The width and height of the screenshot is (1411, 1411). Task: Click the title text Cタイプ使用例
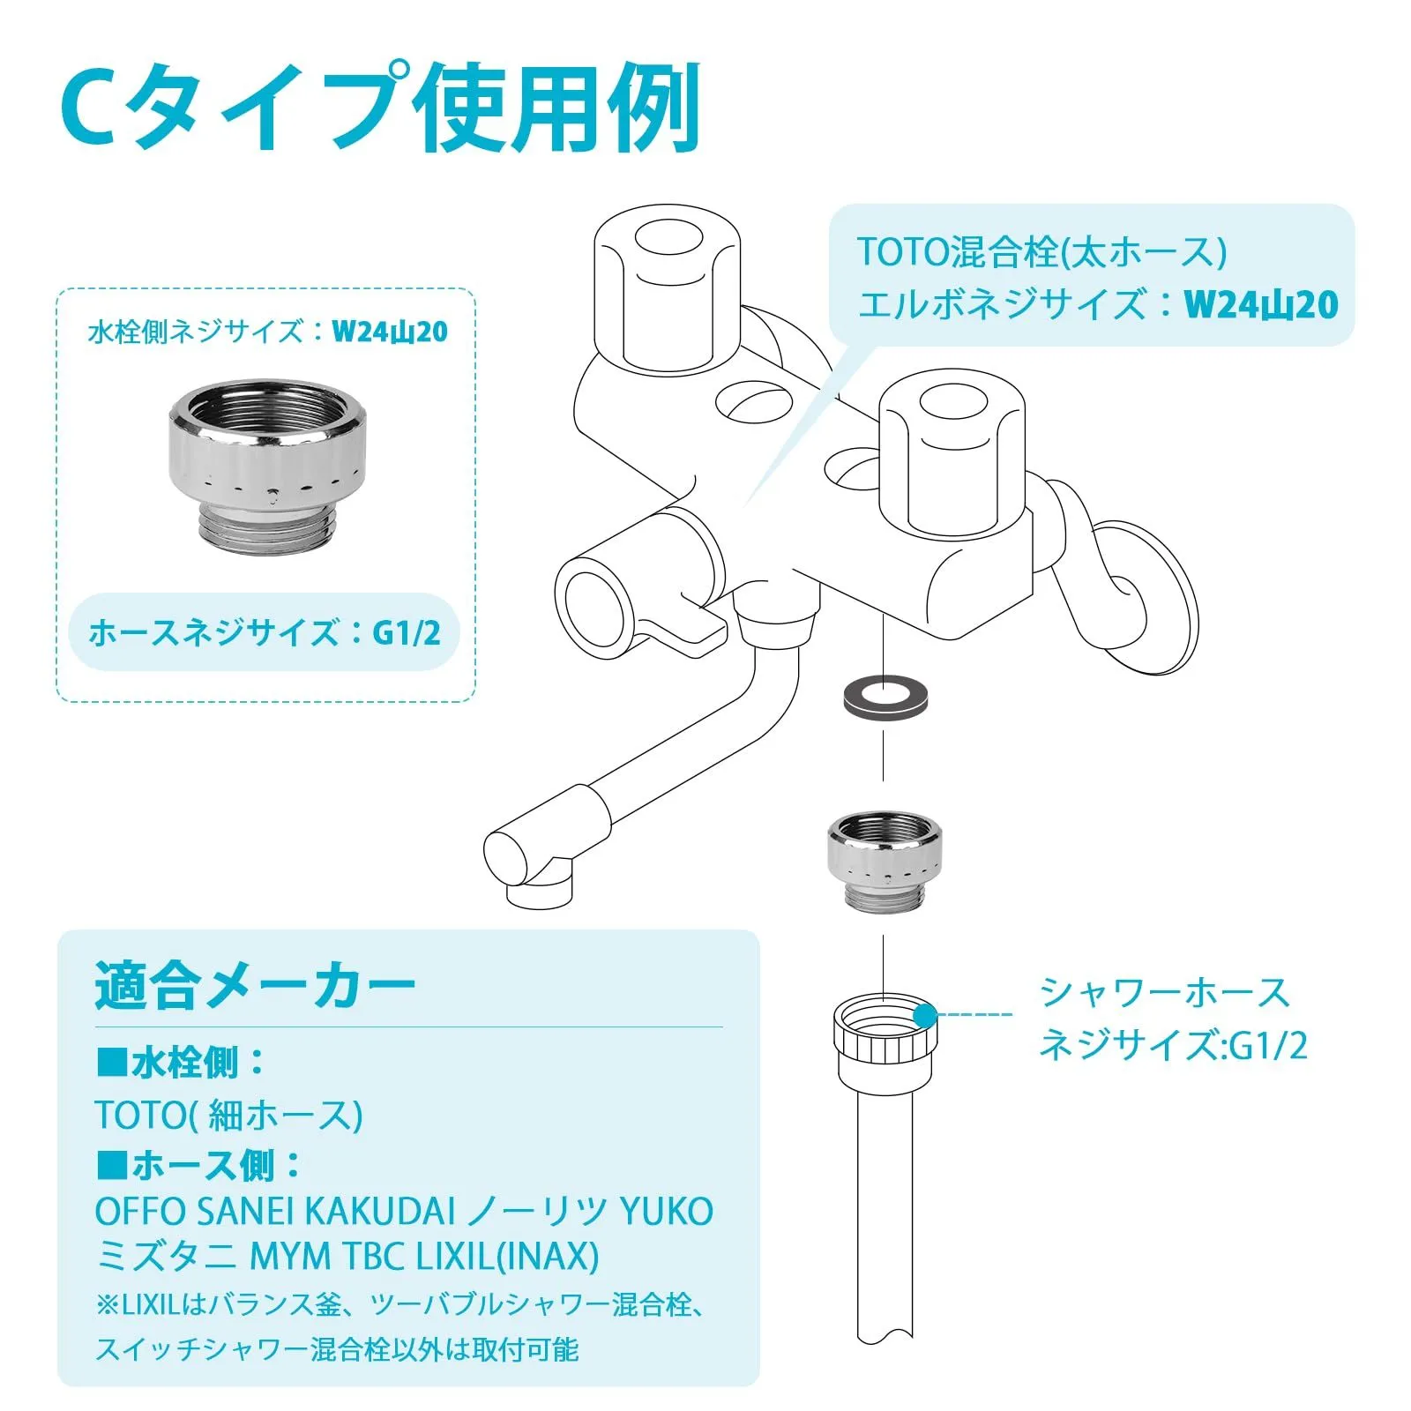tap(381, 108)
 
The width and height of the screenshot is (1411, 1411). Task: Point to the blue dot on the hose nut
tap(924, 1015)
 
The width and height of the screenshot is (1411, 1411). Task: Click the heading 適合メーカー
tap(255, 985)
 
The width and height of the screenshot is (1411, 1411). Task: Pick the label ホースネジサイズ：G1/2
tap(265, 632)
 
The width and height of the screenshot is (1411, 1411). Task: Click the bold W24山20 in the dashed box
tap(389, 332)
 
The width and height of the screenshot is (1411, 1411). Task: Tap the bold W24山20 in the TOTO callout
tap(1261, 304)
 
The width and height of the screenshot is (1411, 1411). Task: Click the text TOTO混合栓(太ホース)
tap(1041, 252)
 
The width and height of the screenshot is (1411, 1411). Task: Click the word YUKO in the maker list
tap(667, 1212)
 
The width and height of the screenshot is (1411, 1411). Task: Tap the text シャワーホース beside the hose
tap(1165, 993)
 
